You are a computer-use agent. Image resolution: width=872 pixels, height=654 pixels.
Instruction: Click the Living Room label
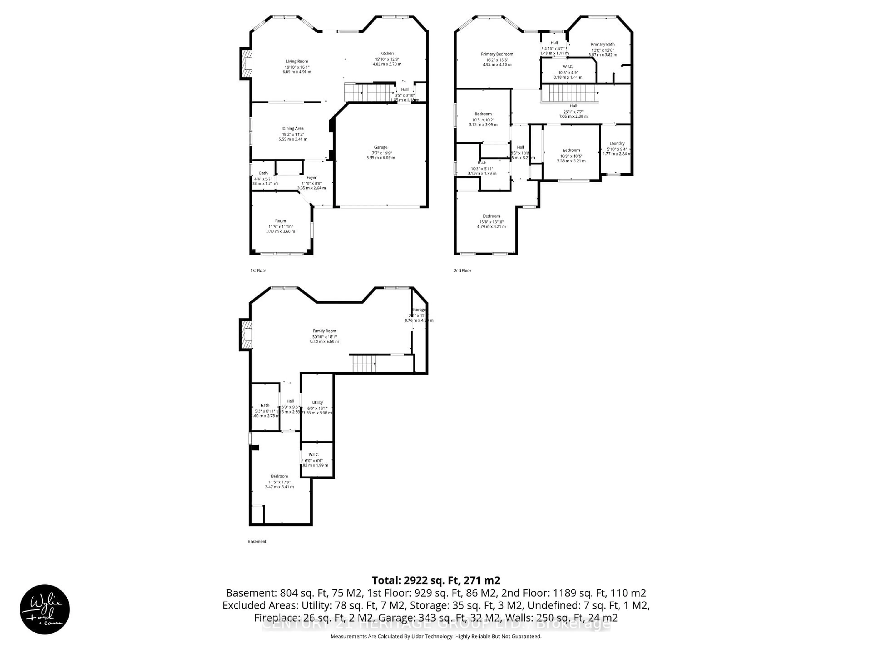[297, 62]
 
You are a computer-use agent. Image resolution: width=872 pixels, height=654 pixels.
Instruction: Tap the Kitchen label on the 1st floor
[387, 54]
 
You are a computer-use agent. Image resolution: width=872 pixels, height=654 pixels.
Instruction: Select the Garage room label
[380, 147]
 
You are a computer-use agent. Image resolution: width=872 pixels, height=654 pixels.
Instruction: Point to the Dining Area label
[293, 129]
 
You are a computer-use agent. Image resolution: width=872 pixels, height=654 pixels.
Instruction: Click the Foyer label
[311, 178]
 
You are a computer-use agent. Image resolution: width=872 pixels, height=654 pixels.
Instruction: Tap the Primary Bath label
[602, 45]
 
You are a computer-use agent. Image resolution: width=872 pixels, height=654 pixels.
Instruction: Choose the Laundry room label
[617, 144]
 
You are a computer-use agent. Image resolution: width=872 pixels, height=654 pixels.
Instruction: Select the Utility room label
[317, 402]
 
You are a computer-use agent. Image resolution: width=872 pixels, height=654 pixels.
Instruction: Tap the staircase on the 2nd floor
[570, 94]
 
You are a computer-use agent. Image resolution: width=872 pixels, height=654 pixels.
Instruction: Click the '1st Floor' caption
[258, 270]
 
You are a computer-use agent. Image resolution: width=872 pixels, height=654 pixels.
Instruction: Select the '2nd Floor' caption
[462, 270]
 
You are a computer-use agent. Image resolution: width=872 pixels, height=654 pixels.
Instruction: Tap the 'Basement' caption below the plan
[257, 541]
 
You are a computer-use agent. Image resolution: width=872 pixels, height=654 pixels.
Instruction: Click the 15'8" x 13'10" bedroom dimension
[491, 222]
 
